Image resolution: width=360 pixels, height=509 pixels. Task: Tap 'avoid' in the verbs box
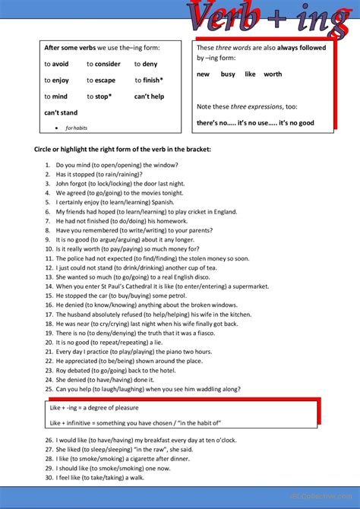point(61,65)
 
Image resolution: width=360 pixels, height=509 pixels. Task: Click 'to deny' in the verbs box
point(146,65)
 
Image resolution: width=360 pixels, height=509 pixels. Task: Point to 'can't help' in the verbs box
point(149,96)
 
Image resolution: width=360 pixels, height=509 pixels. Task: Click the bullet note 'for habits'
point(76,128)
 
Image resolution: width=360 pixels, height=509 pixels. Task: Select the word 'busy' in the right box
point(228,74)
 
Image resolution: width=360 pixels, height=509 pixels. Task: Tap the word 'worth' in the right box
point(273,74)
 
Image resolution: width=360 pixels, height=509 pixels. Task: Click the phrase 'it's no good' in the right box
point(295,122)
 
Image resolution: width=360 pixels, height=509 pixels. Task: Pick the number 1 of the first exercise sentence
point(48,165)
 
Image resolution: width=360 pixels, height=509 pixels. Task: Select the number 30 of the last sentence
point(48,477)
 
